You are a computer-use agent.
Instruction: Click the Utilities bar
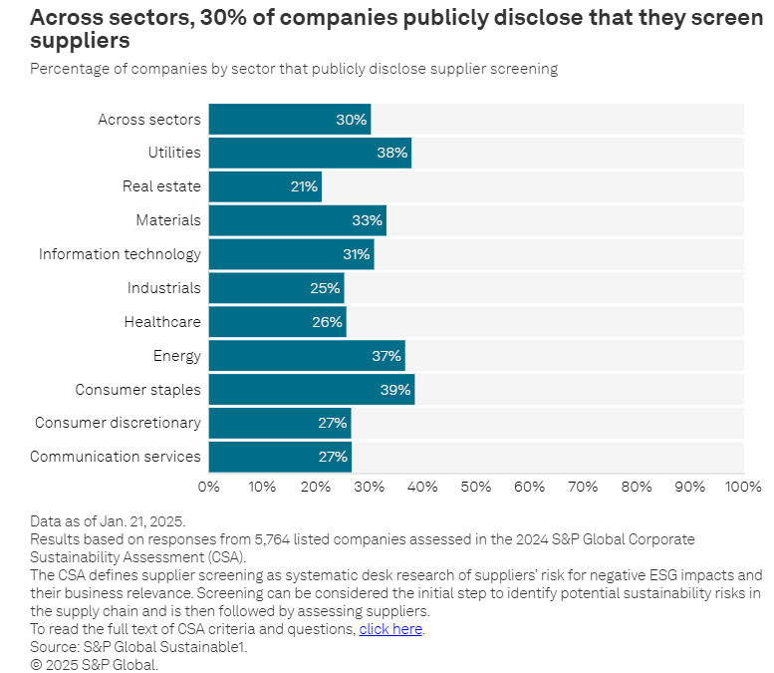click(x=309, y=153)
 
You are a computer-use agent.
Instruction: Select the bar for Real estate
click(x=265, y=186)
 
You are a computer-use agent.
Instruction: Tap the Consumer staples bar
click(x=311, y=390)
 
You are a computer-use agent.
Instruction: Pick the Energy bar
click(x=306, y=356)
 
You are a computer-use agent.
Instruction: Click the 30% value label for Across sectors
click(x=351, y=120)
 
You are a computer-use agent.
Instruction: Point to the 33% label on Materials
click(x=367, y=220)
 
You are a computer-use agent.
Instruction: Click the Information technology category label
click(x=120, y=254)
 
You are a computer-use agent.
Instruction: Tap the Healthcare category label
click(x=162, y=322)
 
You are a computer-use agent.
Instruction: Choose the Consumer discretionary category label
click(x=118, y=423)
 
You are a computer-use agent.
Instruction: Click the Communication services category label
click(x=116, y=457)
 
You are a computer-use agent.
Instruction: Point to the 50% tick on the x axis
click(x=476, y=487)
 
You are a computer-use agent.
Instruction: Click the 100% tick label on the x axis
click(x=743, y=487)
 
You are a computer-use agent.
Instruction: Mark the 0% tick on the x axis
click(x=209, y=487)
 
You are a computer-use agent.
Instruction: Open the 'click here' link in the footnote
click(x=390, y=629)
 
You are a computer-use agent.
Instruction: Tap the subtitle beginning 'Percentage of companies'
click(x=294, y=69)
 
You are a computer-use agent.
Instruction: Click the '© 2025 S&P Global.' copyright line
click(x=94, y=664)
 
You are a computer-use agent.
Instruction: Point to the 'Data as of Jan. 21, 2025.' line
click(x=108, y=521)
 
